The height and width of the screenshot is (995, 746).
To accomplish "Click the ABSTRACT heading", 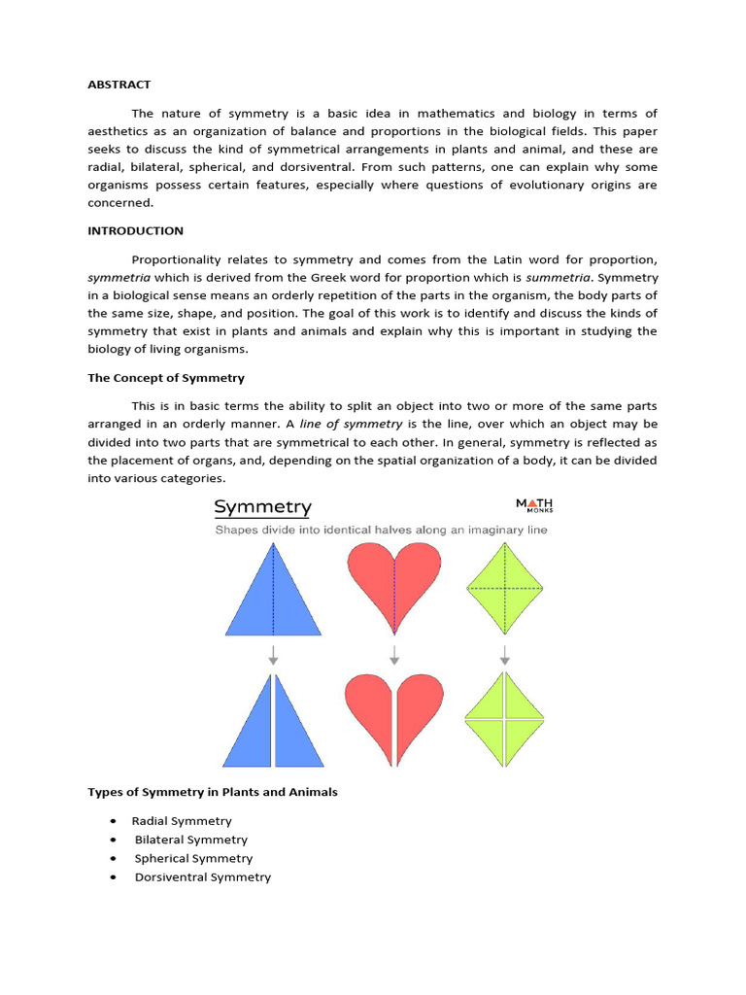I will [119, 85].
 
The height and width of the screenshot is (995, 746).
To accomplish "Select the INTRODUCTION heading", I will [135, 231].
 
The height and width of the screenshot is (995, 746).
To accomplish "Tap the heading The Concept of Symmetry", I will [166, 377].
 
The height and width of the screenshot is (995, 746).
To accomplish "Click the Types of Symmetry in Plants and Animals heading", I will [213, 792].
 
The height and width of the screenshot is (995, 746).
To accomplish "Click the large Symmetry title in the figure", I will [262, 507].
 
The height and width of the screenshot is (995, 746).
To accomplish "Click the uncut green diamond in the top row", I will [504, 589].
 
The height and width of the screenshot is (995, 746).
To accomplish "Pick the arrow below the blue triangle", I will [273, 655].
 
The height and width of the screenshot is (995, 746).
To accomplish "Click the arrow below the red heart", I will [393, 655].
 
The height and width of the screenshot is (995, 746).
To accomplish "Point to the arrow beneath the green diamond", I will [504, 655].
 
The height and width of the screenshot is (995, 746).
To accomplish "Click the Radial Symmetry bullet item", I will [182, 821].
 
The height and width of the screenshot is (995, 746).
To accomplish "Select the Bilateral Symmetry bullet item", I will [190, 840].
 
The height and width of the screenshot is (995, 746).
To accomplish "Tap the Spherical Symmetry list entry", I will [193, 858].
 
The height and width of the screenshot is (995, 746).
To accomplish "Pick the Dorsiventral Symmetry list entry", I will [202, 877].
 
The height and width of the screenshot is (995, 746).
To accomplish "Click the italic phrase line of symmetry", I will [351, 424].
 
